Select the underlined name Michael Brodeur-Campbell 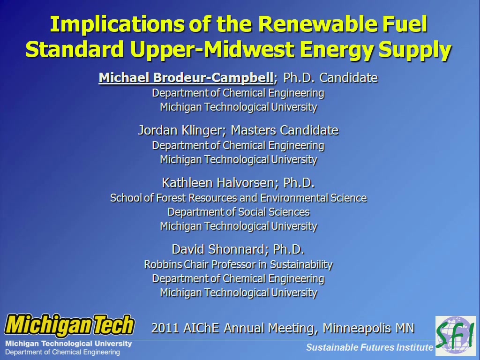coord(186,78)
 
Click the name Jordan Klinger coord(182,130)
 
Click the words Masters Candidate coord(285,130)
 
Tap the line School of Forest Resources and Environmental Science coord(239,198)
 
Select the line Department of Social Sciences coord(239,212)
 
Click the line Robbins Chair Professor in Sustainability coord(239,264)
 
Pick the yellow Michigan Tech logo coord(69,325)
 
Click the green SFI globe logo coord(456,336)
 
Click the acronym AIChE coord(202,328)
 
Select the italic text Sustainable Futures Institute coord(370,347)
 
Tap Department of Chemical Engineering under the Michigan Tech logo coord(62,352)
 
